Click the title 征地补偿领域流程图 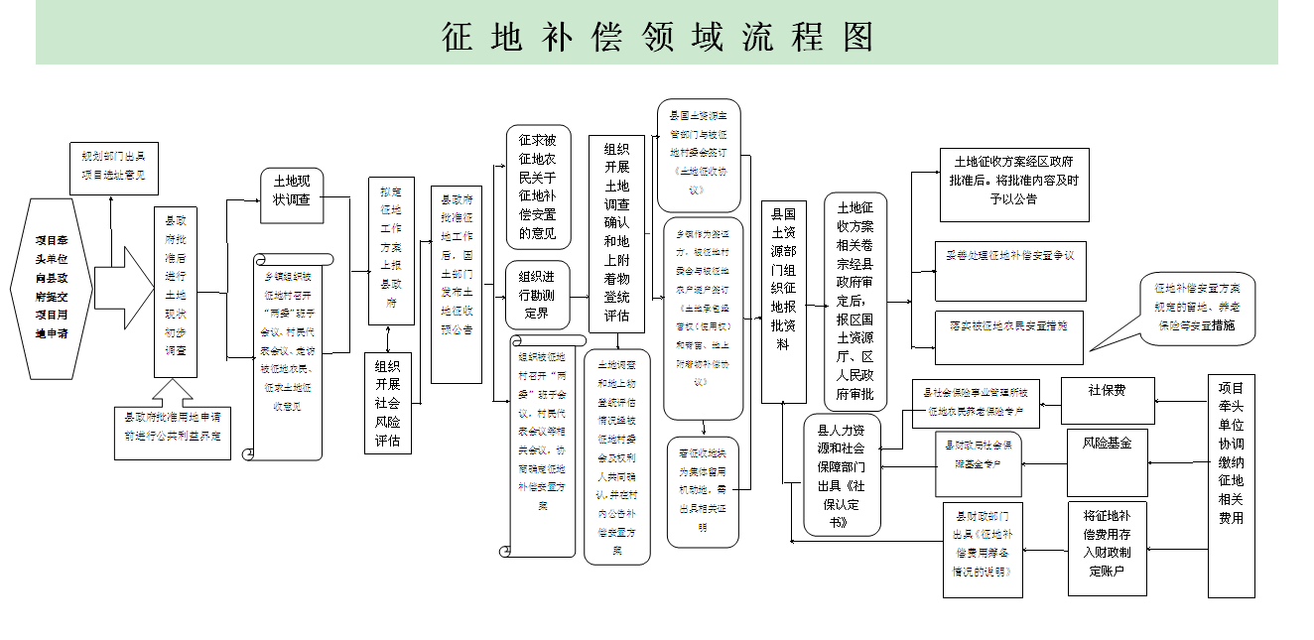pyautogui.click(x=657, y=37)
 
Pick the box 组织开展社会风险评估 pyautogui.click(x=388, y=404)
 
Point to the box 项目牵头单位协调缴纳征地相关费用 pyautogui.click(x=1231, y=486)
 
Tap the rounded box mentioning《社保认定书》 pyautogui.click(x=843, y=475)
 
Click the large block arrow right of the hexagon pyautogui.click(x=123, y=292)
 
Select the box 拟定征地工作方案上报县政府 pyautogui.click(x=391, y=251)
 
